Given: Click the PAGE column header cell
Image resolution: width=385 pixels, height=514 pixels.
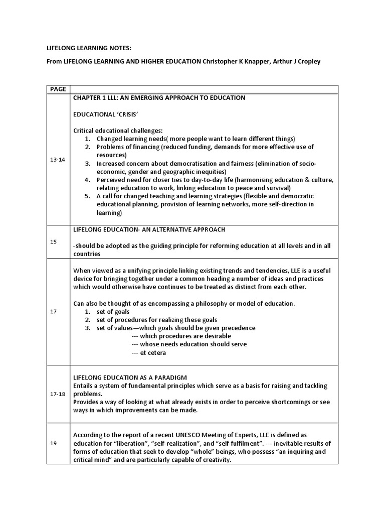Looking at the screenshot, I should [58, 89].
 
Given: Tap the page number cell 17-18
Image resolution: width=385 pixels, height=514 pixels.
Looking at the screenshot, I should [58, 394].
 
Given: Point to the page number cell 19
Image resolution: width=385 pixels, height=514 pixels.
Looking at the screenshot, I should [54, 443].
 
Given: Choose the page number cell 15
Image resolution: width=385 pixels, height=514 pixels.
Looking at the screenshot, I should [54, 241].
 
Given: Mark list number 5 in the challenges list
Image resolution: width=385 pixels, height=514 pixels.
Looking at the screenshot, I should [87, 196].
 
